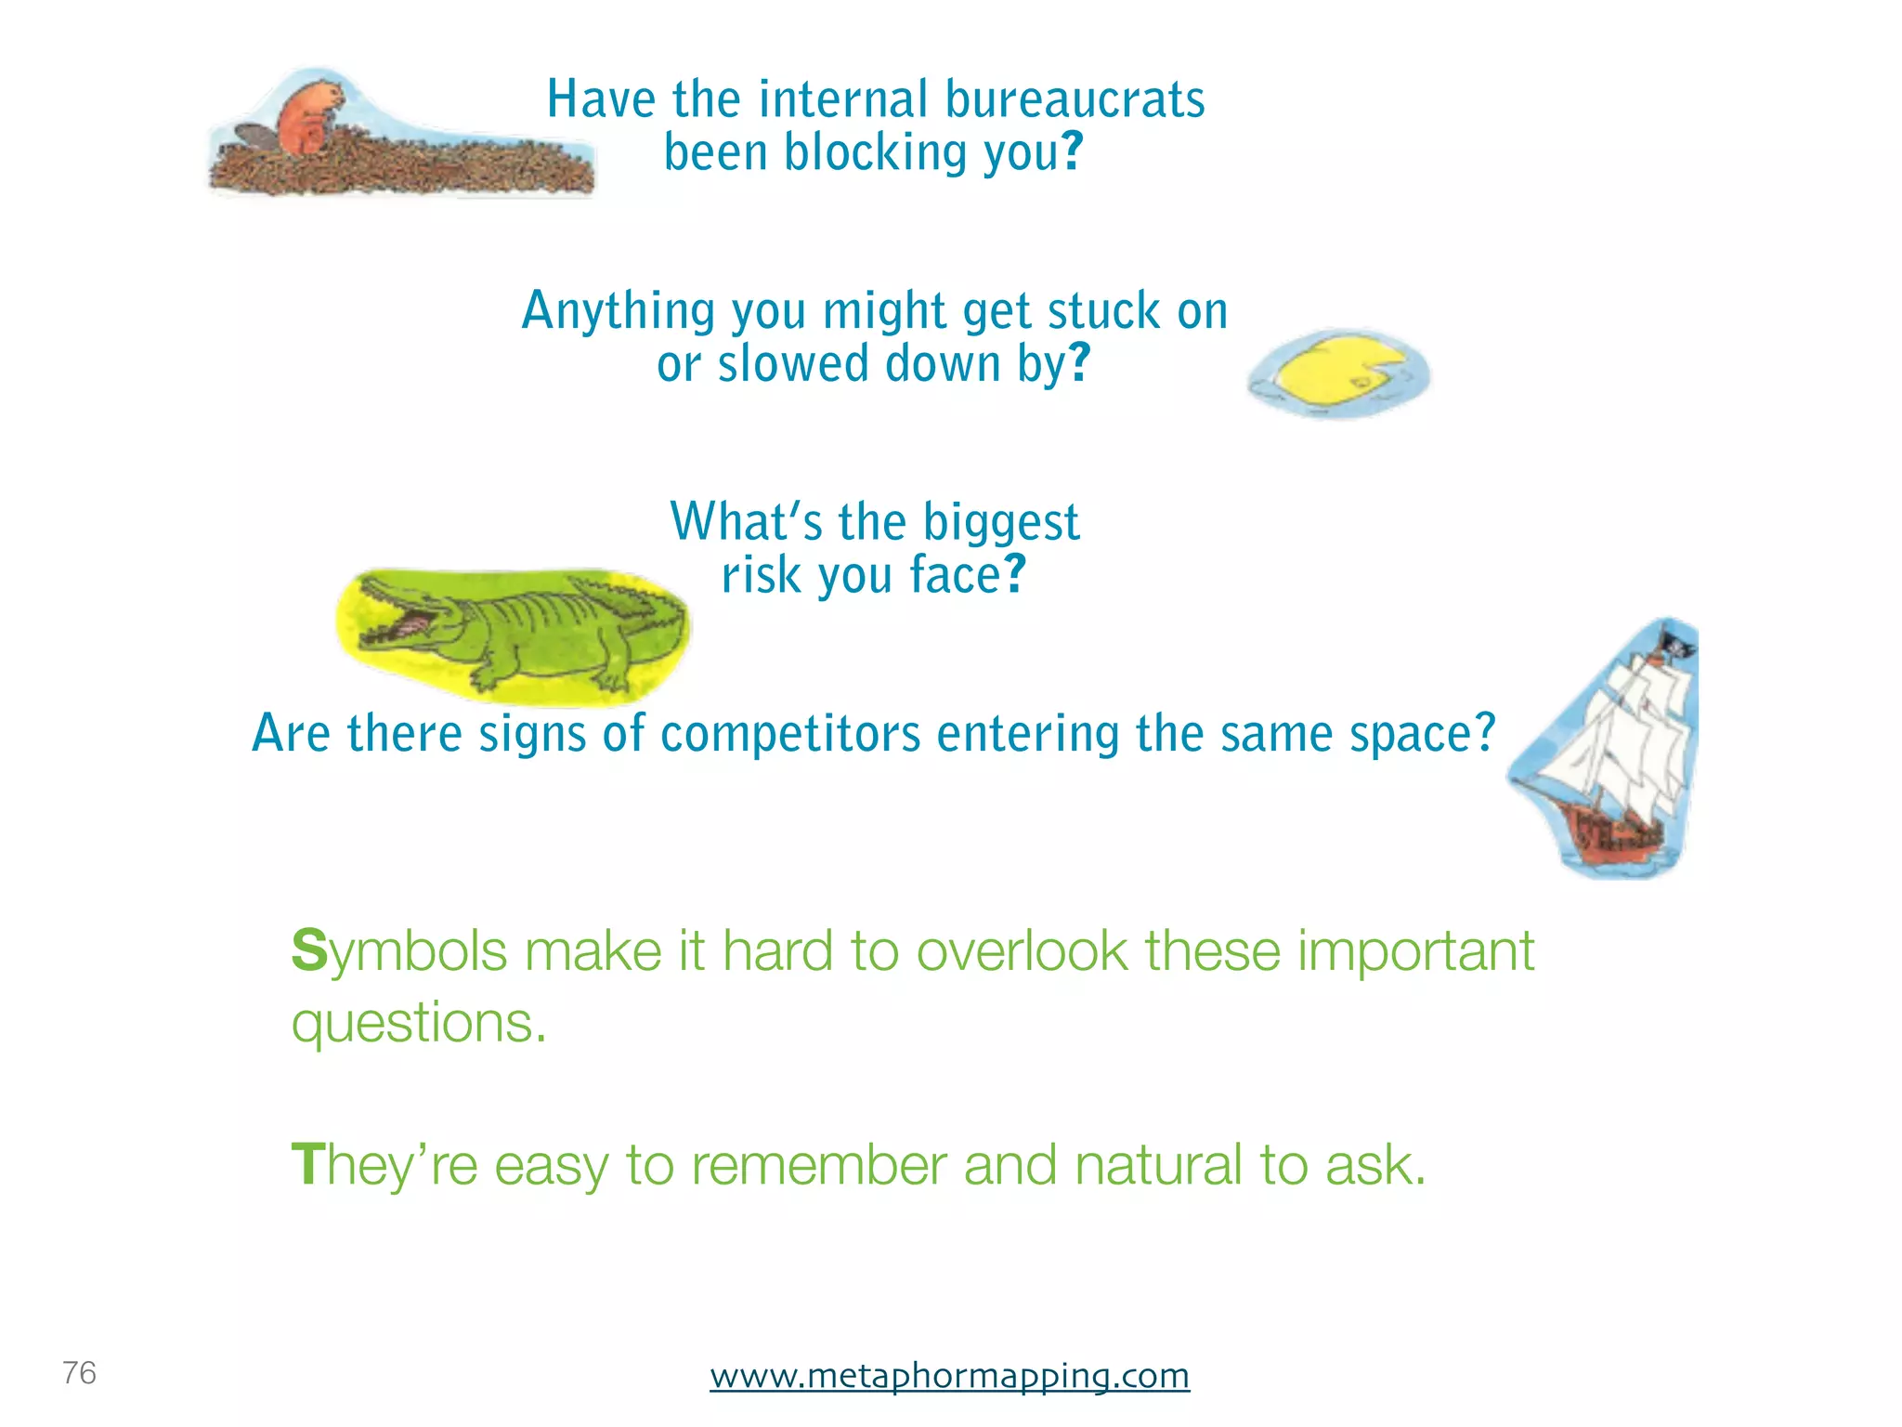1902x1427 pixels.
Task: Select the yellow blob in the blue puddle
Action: (x=1333, y=372)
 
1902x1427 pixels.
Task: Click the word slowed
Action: (x=793, y=364)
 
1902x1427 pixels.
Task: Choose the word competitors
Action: (x=790, y=734)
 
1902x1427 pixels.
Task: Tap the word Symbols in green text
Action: (x=399, y=952)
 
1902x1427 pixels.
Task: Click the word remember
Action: (x=818, y=1165)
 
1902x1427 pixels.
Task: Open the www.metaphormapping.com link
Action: (x=949, y=1375)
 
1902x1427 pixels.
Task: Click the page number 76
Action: (x=79, y=1372)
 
